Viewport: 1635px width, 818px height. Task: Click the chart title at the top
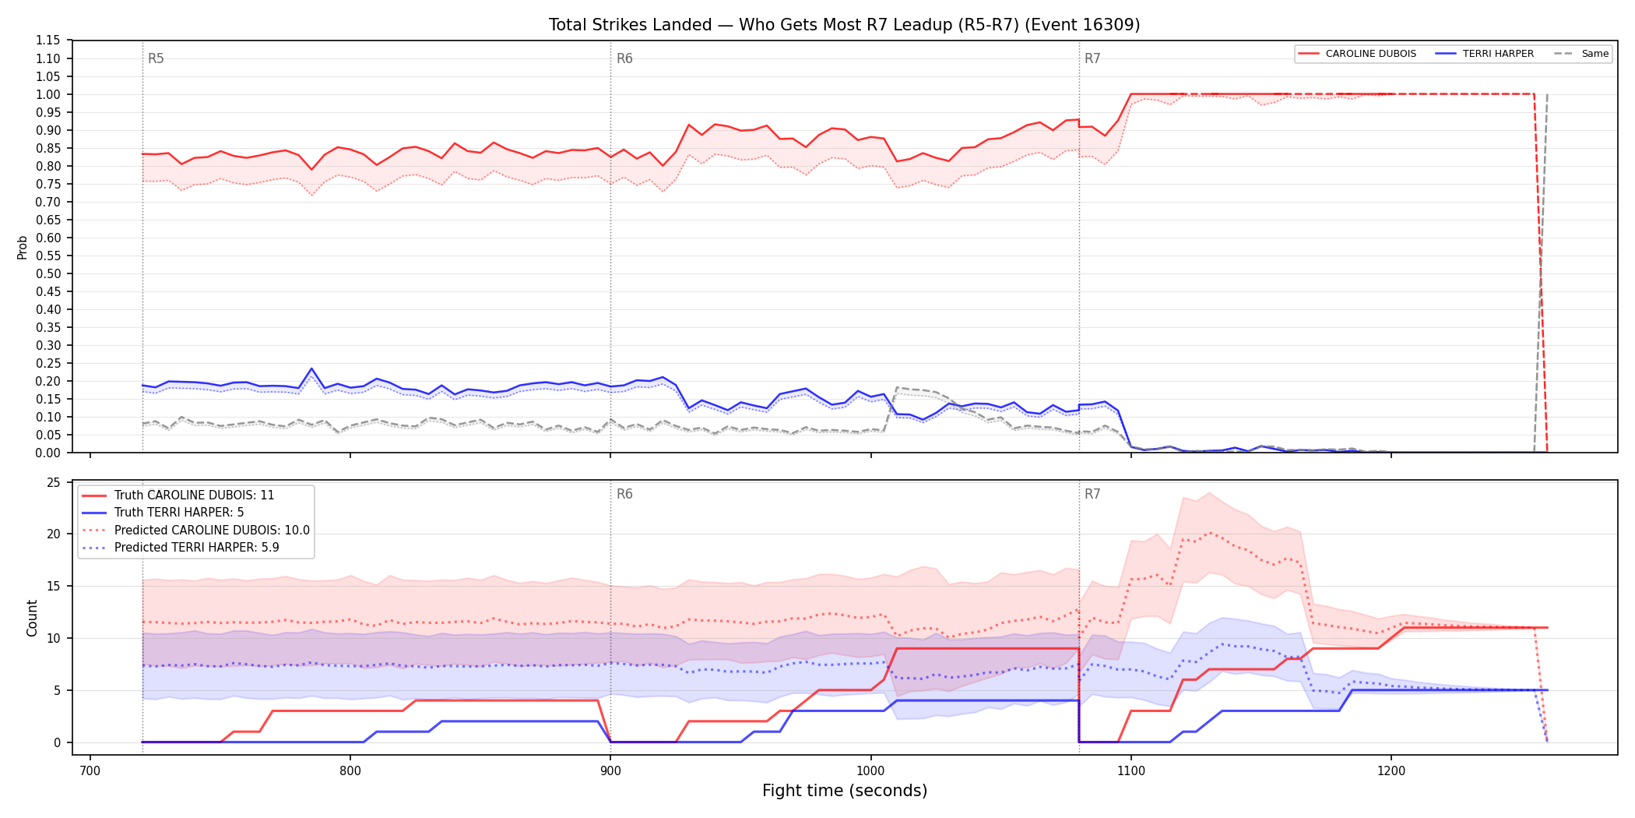point(844,25)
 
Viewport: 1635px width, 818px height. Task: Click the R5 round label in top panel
point(156,58)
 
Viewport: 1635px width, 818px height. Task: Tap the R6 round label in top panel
point(624,58)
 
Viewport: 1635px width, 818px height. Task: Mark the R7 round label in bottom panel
point(1092,494)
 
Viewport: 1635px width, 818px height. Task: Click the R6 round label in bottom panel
point(624,494)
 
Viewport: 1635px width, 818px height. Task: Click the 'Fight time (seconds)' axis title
point(845,791)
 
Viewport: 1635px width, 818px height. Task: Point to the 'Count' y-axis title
point(32,618)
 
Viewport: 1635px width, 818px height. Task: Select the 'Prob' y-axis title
point(23,247)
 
